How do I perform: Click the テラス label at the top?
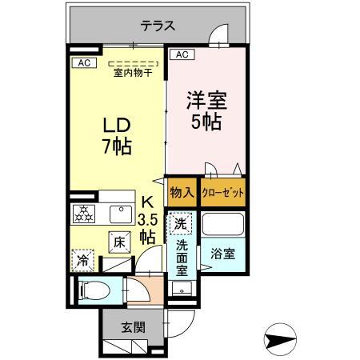[x=158, y=26]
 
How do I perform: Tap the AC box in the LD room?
[x=84, y=62]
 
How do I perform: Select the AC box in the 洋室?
[x=181, y=54]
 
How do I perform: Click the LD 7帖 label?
[x=117, y=136]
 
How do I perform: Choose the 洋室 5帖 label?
[x=207, y=112]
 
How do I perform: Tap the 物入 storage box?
[x=182, y=192]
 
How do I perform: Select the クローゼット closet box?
[x=222, y=192]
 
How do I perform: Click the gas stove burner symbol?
[x=84, y=214]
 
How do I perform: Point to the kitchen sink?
[x=121, y=214]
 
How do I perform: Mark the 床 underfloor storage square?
[x=118, y=241]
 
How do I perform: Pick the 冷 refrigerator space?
[x=82, y=260]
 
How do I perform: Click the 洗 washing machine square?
[x=182, y=223]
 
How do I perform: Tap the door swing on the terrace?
[x=218, y=36]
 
